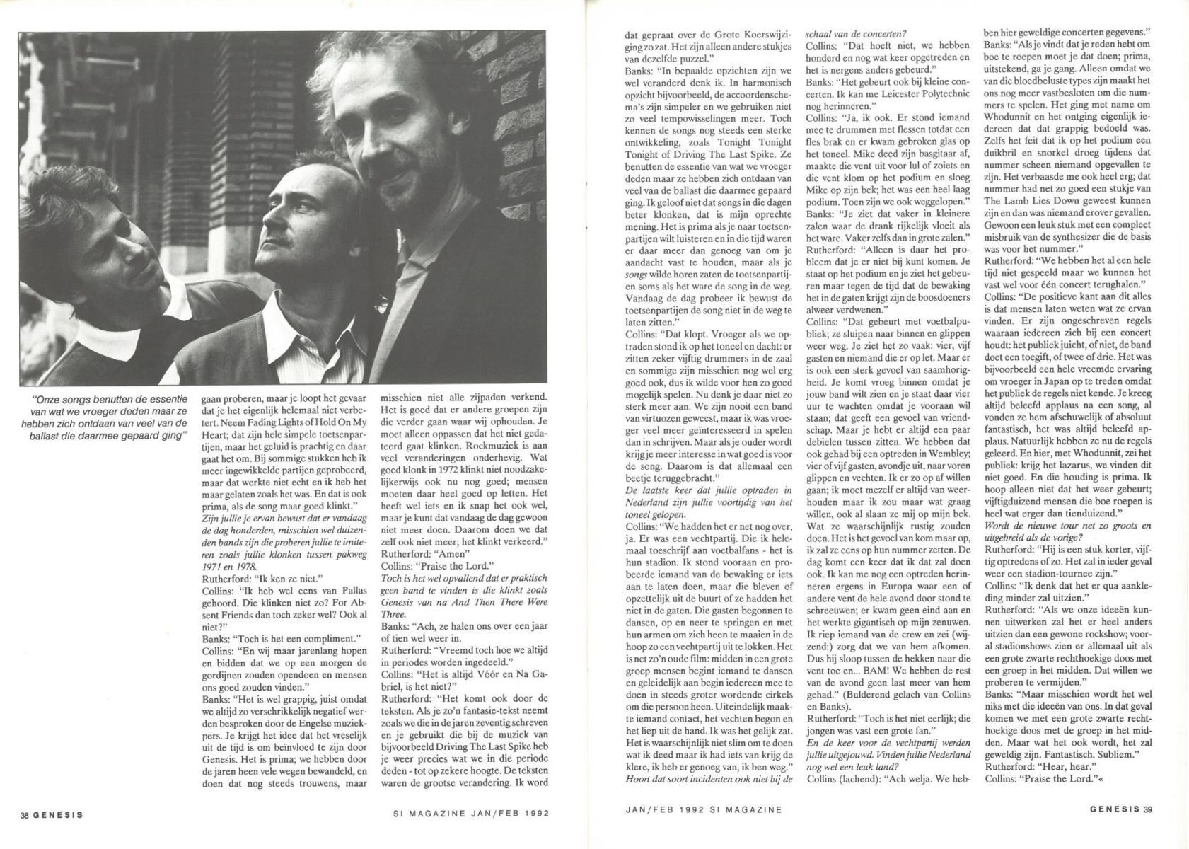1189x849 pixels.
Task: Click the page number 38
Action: pyautogui.click(x=26, y=814)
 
